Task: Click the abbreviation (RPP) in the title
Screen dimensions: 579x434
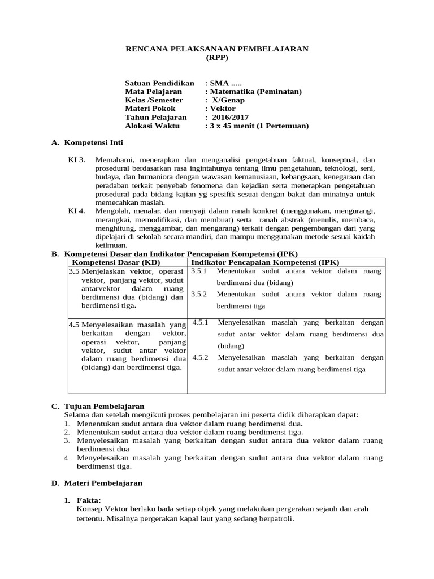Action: tap(216, 58)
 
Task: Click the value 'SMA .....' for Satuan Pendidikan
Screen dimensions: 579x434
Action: tap(226, 83)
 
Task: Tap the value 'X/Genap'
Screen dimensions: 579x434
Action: tap(229, 100)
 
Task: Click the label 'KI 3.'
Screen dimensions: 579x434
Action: tap(76, 160)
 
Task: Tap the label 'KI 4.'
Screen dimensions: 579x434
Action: tap(76, 211)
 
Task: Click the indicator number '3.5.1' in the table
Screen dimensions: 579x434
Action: tap(200, 271)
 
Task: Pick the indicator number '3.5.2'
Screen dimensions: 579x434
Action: tap(200, 294)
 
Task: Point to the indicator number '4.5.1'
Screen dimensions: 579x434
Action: tap(201, 322)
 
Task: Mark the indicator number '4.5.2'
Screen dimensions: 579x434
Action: tap(201, 357)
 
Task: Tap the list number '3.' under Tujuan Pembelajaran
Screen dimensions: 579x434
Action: tap(67, 440)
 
